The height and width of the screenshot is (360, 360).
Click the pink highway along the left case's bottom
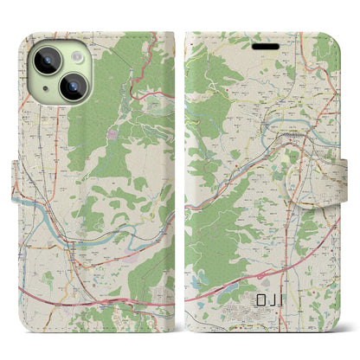pyautogui.click(x=104, y=303)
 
